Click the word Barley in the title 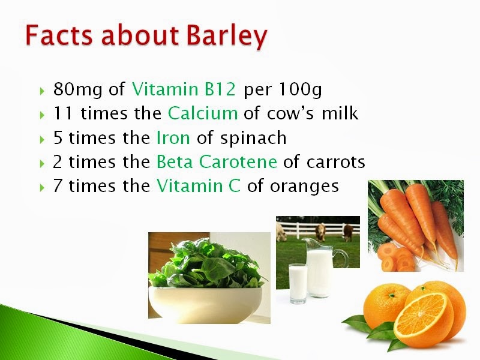[x=227, y=36]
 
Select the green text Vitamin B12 [x=184, y=89]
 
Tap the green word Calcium [x=203, y=113]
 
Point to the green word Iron [x=173, y=137]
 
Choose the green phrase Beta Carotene [x=217, y=161]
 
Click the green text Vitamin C [x=199, y=185]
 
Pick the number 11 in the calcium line [x=63, y=113]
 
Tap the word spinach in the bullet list [x=253, y=139]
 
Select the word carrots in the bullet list [x=336, y=162]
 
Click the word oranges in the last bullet [x=304, y=187]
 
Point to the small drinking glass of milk [x=298, y=283]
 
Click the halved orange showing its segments [x=424, y=319]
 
